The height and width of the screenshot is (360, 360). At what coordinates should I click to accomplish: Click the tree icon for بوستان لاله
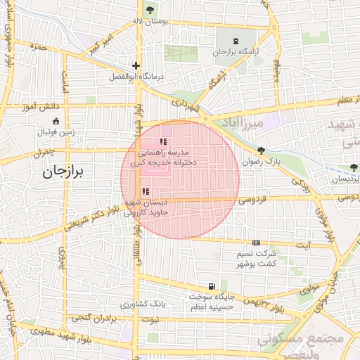pos(151,9)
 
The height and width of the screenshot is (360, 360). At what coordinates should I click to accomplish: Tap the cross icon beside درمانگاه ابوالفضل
pos(136,65)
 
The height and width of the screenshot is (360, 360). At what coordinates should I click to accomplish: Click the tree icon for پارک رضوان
pos(262,150)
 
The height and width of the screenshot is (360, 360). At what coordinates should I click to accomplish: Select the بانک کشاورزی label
pos(143,304)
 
